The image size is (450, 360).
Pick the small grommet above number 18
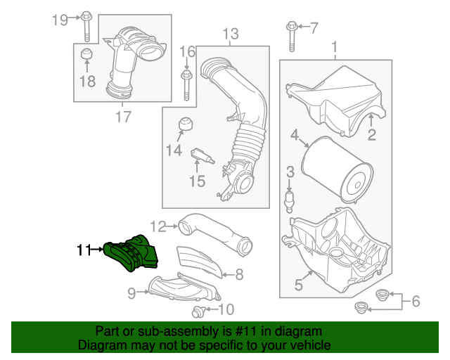[86, 57]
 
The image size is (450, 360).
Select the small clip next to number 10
[198, 310]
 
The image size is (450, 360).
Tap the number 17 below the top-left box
[122, 117]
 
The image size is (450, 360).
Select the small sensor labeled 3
[289, 198]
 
